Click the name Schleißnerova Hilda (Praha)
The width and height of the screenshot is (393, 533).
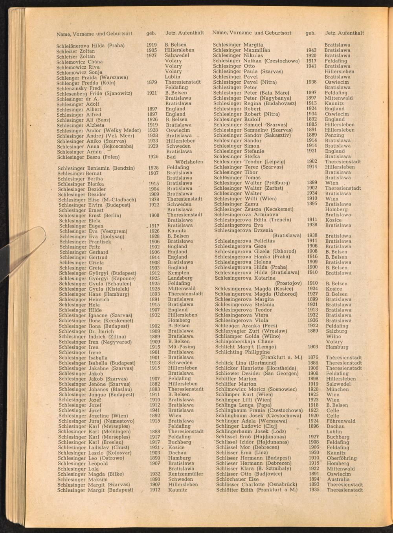pos(90,46)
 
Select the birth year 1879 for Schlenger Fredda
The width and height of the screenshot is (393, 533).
pos(152,82)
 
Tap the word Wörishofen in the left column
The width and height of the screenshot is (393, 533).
pos(189,162)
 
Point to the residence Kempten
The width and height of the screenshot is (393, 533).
pos(178,273)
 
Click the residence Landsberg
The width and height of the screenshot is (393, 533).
pos(180,278)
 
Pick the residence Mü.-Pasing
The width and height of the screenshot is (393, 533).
pos(181,347)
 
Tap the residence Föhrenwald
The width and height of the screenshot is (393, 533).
pos(341,421)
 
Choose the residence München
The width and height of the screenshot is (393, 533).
pos(338,389)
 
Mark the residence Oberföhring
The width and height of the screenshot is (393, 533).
pos(342,458)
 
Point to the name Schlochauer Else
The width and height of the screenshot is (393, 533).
pos(237,480)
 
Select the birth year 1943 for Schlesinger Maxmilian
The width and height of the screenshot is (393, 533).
pos(311,51)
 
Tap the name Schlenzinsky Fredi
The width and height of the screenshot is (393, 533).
pos(79,88)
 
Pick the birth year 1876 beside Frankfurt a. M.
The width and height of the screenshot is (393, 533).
pos(313,357)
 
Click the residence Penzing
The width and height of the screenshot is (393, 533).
pos(334,135)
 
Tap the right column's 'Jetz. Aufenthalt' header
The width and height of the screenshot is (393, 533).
pos(345,33)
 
